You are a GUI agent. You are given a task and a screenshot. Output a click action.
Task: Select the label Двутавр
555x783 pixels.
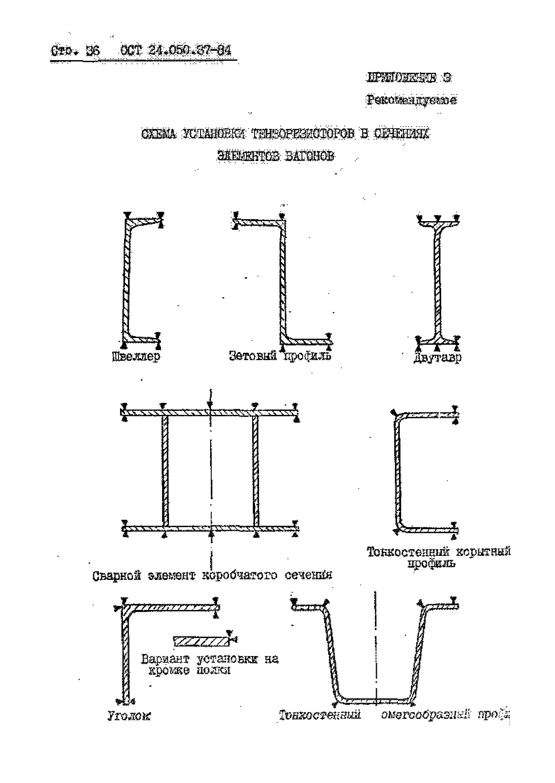[x=437, y=358]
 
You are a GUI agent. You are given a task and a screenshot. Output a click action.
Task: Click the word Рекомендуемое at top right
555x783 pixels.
[x=411, y=100]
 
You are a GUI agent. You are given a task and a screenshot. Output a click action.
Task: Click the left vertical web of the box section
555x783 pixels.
[x=165, y=471]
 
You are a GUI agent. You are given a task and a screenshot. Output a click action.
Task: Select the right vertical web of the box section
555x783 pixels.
[x=256, y=471]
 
